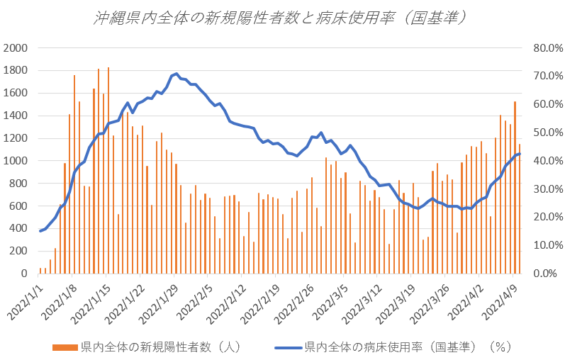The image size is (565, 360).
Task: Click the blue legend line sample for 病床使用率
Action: pos(287,347)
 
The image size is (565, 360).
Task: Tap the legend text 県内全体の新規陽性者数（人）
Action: pos(162,347)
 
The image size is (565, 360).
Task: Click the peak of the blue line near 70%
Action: pos(175,74)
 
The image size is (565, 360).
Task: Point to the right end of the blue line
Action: pos(520,154)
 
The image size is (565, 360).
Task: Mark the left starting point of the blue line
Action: pos(40,231)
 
